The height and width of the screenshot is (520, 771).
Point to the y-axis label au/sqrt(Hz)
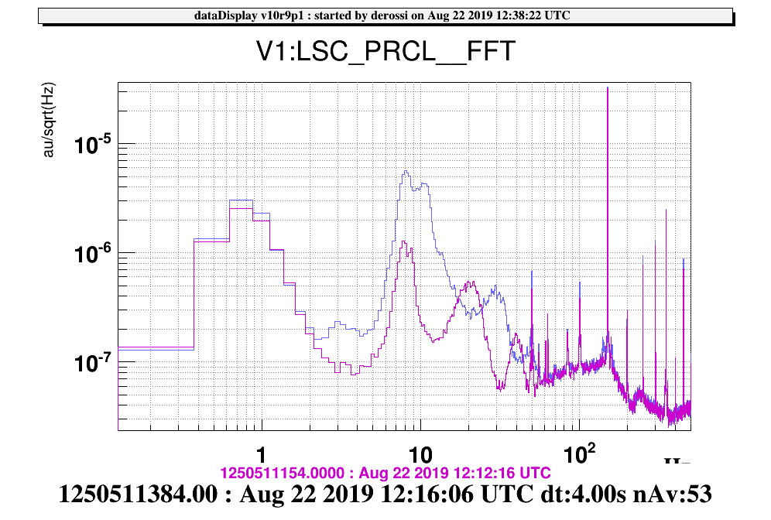pos(48,121)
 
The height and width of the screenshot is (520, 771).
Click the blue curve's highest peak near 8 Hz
pos(406,171)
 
